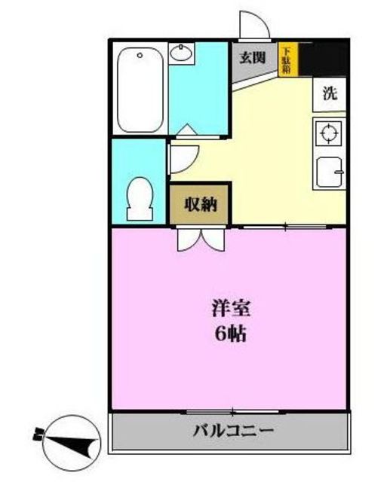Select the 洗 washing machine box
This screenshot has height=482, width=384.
[329, 94]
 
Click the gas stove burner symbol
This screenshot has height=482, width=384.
[329, 134]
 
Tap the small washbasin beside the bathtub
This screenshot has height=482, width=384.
[182, 52]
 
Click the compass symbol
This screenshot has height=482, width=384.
[72, 439]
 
